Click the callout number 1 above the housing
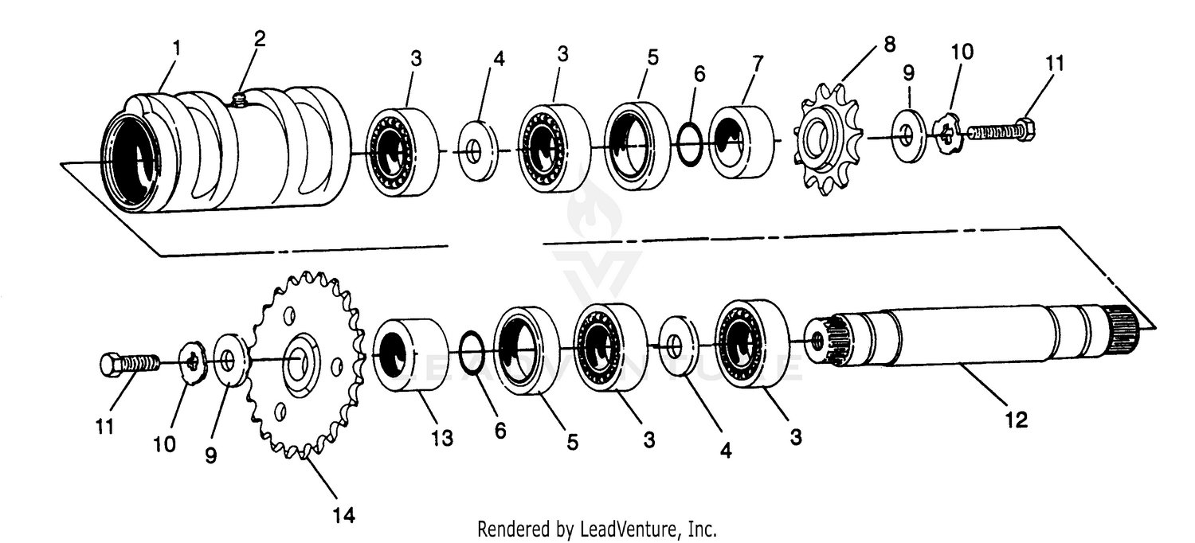pos(176,48)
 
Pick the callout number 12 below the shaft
pos(1017,419)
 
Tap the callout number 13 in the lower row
pos(442,437)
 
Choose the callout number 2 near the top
pos(260,38)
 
